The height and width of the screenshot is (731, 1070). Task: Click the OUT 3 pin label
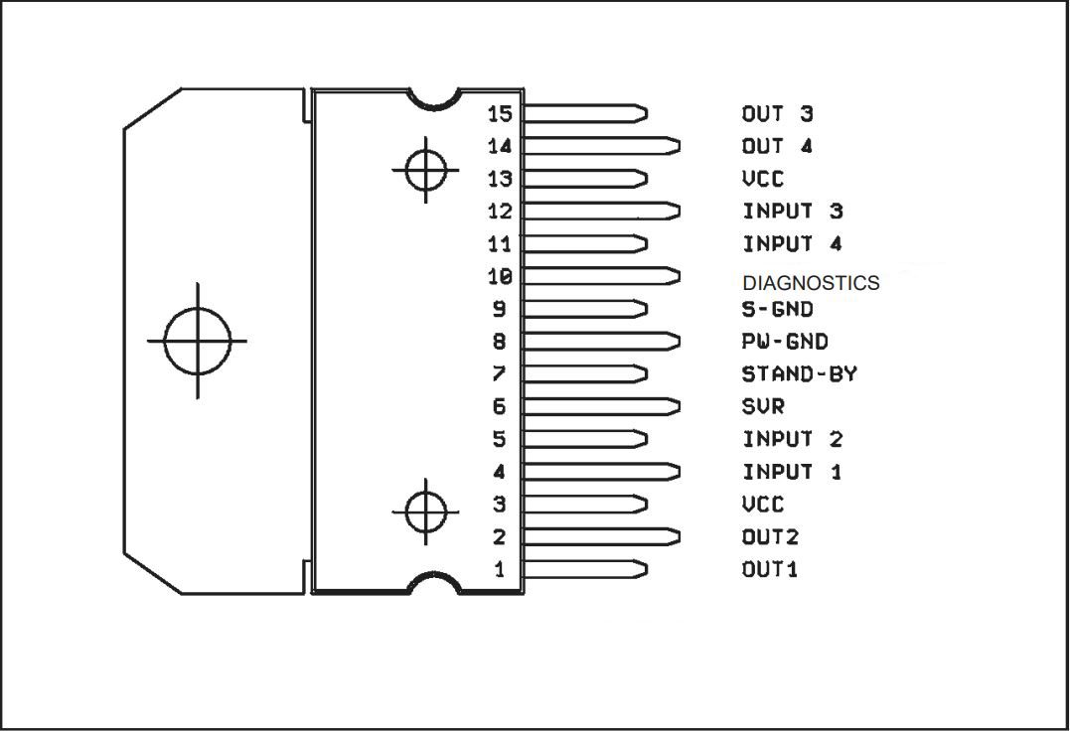[x=777, y=114]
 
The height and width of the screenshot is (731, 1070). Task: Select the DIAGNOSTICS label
[x=811, y=283]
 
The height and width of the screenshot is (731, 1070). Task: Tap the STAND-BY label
[x=799, y=374]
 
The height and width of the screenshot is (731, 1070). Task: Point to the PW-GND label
[x=785, y=342]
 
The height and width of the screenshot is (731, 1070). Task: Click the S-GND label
[x=777, y=309]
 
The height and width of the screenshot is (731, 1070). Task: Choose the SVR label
[x=763, y=406]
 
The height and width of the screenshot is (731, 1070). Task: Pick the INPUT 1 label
[x=792, y=472]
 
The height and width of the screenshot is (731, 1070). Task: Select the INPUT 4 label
[x=792, y=243]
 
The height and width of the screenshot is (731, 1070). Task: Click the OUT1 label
[x=770, y=570]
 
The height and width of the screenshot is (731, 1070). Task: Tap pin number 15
[x=499, y=113]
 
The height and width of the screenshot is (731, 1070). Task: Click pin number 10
[x=499, y=276]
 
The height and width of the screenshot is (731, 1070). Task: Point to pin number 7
[x=499, y=374]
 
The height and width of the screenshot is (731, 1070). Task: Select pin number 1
[x=499, y=570]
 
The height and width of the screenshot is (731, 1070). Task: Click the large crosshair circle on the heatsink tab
[x=197, y=340]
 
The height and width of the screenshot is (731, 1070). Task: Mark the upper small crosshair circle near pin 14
[x=426, y=170]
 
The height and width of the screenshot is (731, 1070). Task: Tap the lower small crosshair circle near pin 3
[x=426, y=512]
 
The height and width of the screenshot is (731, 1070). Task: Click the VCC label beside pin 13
[x=762, y=179]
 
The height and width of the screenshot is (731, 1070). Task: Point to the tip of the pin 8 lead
[x=676, y=342]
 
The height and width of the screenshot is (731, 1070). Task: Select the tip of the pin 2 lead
[x=676, y=537]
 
